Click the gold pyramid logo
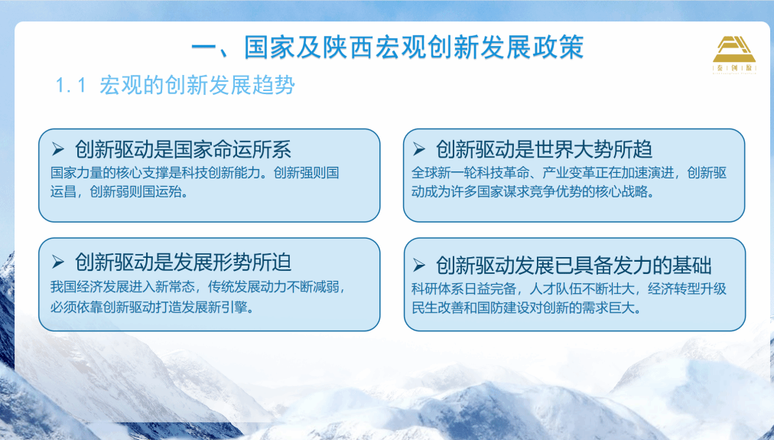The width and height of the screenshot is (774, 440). (734, 54)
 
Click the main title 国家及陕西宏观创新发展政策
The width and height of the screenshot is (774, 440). (414, 47)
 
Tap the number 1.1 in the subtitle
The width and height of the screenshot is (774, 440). (71, 86)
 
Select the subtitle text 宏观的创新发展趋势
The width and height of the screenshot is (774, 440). (197, 85)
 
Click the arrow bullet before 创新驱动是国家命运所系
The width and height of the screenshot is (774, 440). (58, 148)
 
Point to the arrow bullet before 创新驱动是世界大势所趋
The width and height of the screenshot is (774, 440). (419, 148)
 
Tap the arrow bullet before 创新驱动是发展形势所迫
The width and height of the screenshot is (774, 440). (58, 262)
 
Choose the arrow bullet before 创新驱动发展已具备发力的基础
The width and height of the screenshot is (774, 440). (419, 266)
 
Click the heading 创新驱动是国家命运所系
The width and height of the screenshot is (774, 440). (183, 149)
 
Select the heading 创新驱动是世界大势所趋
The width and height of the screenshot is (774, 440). (544, 149)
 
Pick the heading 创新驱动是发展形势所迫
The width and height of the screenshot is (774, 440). (183, 262)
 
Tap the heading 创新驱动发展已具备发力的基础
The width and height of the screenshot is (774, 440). (573, 266)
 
